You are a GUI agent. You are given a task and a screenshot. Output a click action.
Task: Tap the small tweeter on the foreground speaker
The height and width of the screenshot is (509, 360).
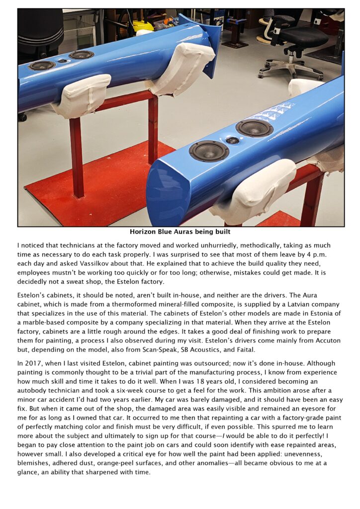coord(232,141)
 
